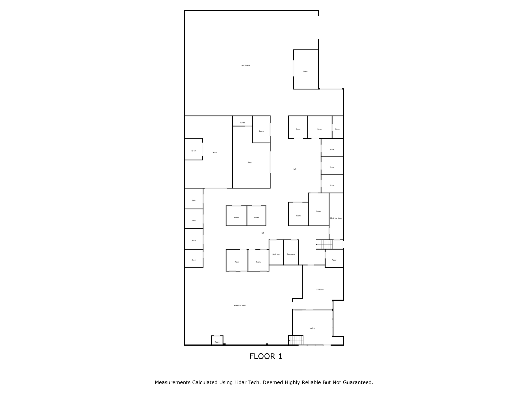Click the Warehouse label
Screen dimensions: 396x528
point(246,65)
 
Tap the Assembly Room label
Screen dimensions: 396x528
point(240,306)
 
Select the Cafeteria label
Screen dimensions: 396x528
point(320,290)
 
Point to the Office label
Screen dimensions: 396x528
point(312,328)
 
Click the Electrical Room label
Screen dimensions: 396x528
point(336,218)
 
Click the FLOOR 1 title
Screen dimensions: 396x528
point(266,357)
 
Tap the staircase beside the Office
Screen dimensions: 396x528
point(296,340)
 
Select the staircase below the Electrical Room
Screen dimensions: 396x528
point(325,244)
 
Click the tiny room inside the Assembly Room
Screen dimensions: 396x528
point(217,341)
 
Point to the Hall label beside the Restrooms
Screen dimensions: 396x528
point(262,233)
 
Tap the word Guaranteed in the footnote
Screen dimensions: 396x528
point(358,383)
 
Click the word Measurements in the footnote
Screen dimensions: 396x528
point(172,383)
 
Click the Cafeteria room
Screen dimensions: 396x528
point(322,284)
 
